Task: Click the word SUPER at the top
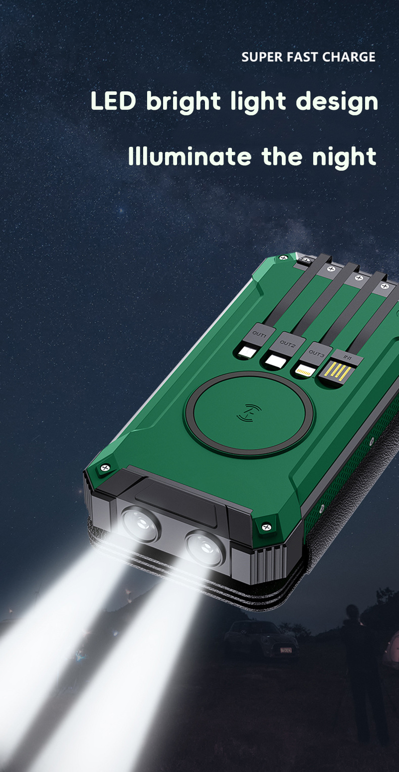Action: [x=262, y=57]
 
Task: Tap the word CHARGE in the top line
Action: [x=349, y=57]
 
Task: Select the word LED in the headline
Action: [x=114, y=101]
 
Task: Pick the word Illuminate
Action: [x=190, y=156]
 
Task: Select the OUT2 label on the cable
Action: [x=287, y=343]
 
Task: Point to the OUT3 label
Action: [x=316, y=353]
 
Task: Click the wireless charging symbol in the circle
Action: [x=250, y=411]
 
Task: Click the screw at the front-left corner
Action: [x=105, y=468]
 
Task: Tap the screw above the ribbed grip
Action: [x=266, y=526]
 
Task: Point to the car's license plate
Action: [x=285, y=650]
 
